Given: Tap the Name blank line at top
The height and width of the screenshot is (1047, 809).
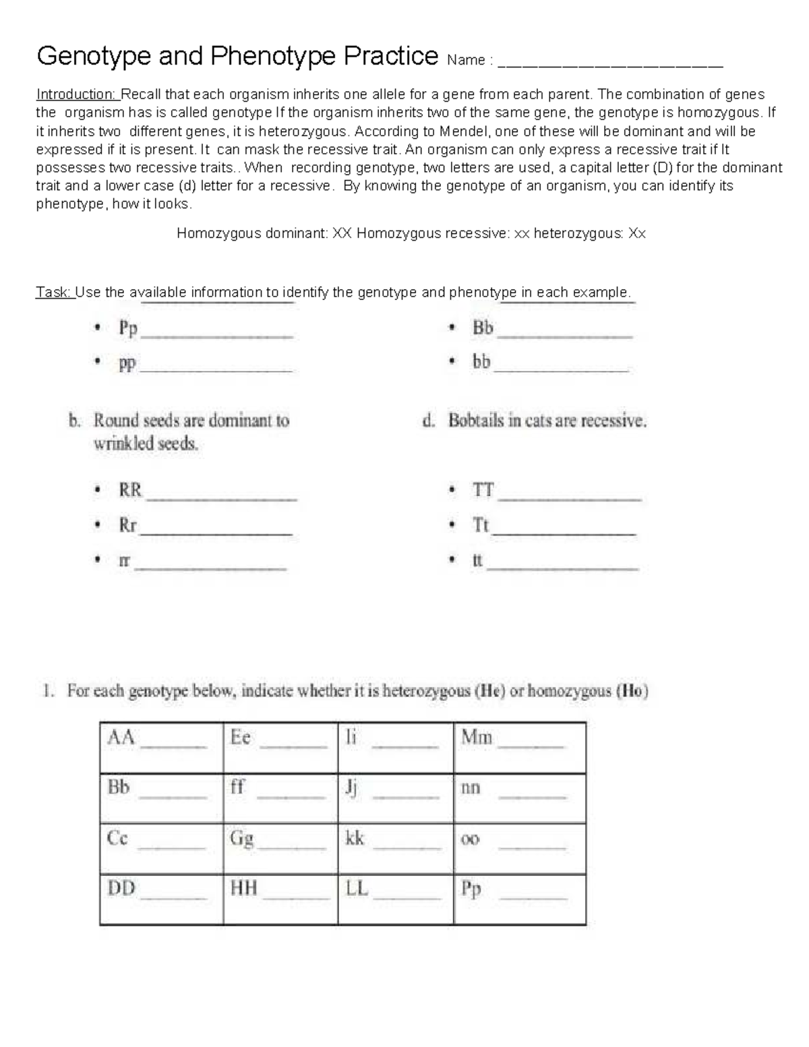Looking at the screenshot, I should [x=613, y=65].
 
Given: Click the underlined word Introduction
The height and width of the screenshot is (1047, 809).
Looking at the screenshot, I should [x=76, y=94].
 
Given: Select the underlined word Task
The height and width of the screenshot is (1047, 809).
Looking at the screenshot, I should [x=54, y=293].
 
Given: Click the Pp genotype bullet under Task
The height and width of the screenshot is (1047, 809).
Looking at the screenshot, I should [x=128, y=329].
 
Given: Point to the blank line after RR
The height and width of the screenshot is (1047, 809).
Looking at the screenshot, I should [x=221, y=498].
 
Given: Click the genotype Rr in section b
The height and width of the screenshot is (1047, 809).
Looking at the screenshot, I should [x=127, y=525].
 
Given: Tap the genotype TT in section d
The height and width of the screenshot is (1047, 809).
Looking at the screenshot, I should [x=483, y=490].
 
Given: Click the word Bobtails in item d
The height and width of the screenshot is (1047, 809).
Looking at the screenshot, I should [x=476, y=421].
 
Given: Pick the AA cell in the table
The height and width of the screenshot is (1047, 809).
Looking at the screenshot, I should [x=161, y=747].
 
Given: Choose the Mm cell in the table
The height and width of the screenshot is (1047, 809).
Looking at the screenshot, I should [x=519, y=747].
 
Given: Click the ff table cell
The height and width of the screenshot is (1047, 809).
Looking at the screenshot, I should [x=280, y=798].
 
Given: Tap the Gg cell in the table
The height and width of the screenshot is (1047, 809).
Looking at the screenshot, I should [x=280, y=848].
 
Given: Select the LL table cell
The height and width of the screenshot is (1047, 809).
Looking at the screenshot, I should [x=395, y=899].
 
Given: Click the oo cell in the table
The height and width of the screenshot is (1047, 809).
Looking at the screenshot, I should [x=519, y=848].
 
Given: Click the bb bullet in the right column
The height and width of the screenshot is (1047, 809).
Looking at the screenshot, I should [x=481, y=363].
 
